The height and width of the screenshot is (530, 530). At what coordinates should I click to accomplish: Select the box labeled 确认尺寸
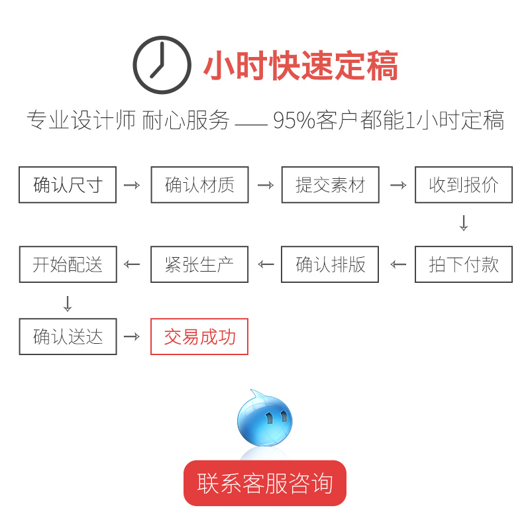click(x=68, y=185)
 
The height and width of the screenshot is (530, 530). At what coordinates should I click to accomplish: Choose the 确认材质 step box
click(x=199, y=185)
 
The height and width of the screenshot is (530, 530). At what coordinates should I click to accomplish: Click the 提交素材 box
click(x=330, y=185)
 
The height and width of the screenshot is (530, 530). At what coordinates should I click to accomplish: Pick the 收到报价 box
click(x=464, y=185)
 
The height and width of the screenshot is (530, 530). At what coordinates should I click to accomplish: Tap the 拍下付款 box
click(x=464, y=264)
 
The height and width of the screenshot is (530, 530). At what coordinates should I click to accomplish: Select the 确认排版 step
click(x=330, y=264)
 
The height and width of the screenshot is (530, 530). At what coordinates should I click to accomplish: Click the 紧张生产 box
click(x=199, y=264)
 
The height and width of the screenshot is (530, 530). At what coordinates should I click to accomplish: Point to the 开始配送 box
click(x=68, y=264)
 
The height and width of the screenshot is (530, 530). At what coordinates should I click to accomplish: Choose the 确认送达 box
click(x=68, y=337)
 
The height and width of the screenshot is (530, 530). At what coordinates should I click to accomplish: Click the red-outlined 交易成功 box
click(x=199, y=337)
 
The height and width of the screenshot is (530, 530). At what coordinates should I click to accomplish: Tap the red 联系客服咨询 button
click(x=265, y=483)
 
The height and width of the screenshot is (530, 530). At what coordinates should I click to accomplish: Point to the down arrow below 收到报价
click(x=464, y=223)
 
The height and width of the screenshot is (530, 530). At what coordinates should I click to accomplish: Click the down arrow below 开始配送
click(x=67, y=303)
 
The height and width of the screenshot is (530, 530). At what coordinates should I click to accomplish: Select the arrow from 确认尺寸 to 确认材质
click(x=132, y=185)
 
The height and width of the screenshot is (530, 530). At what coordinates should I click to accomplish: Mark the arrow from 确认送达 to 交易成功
click(x=132, y=337)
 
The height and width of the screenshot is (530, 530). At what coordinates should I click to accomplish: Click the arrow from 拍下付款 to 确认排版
click(x=398, y=264)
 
